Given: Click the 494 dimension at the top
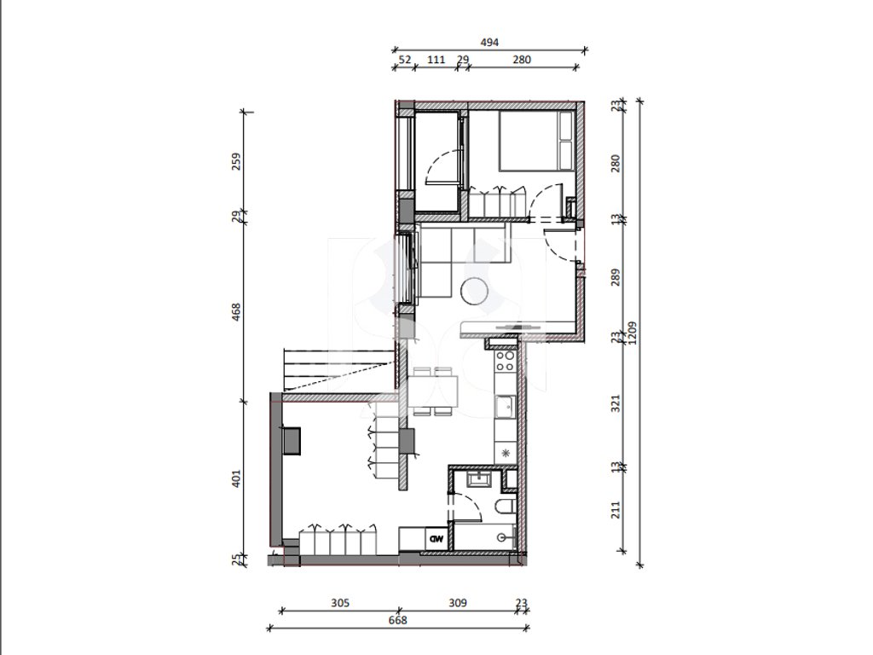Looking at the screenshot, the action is coord(489,42).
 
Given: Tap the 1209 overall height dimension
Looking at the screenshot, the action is coord(632,333).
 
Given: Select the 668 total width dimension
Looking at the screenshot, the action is coord(397,620).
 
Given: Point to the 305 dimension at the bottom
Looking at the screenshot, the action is coord(340,603).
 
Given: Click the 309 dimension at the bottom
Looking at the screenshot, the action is coord(458,603).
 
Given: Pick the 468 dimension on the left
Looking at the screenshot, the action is coord(236,312).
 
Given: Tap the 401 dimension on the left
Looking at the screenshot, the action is coord(236,479).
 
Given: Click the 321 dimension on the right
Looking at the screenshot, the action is coord(616,403).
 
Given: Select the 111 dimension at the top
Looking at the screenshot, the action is coord(436,60).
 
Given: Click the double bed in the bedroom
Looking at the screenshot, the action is coord(537,141).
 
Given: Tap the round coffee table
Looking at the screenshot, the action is coord(475,292).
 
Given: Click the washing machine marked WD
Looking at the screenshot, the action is coord(436,539).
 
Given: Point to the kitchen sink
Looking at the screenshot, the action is coord(506,407).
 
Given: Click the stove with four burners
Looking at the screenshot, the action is coord(506,361).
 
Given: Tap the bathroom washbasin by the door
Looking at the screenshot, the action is coord(478,479).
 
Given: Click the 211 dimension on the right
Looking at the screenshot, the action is coord(616,510).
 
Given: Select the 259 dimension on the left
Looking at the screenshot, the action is coord(236,161).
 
